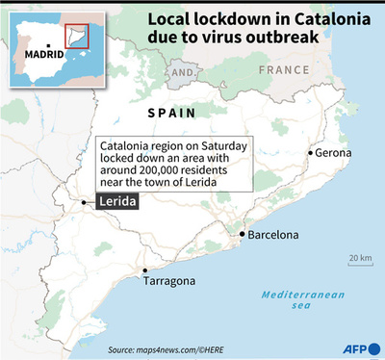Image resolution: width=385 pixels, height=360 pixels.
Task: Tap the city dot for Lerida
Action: coord(85,202)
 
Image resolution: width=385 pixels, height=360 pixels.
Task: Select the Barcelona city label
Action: coord(273,235)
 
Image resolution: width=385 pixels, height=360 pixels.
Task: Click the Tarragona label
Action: coord(169,281)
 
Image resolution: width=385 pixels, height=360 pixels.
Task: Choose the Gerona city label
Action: coord(334,152)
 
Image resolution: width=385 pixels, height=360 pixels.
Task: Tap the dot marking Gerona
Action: coord(310,152)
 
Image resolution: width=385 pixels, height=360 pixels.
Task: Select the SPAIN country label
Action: coord(170,114)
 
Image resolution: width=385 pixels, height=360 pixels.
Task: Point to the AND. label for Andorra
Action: coord(181,72)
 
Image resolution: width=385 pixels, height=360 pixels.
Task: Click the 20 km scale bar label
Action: coord(360,258)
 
